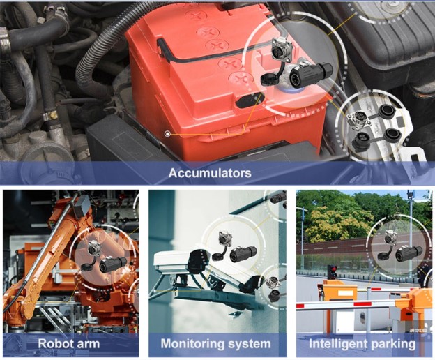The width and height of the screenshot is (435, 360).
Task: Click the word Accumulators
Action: [210, 172]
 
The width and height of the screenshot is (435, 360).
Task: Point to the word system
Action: [248, 345]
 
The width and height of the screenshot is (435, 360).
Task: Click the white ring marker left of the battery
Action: [167, 134]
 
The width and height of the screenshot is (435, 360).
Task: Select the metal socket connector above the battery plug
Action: [279, 50]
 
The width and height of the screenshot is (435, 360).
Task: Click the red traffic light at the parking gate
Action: [332, 272]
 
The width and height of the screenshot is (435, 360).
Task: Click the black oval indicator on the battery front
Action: [250, 100]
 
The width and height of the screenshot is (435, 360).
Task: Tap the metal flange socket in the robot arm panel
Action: [93, 247]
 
